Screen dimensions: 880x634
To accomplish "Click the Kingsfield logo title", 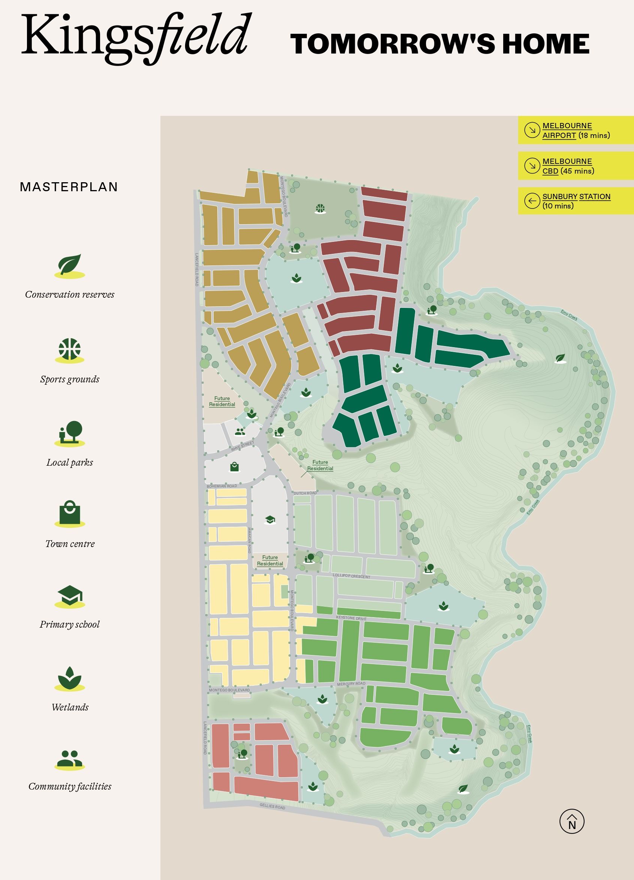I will click(134, 37).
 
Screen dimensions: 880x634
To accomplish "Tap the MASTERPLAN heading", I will click(69, 187).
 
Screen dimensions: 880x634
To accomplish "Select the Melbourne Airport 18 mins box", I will click(576, 130).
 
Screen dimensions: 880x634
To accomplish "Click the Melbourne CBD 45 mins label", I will click(568, 166).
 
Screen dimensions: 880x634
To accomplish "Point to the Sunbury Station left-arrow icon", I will click(532, 201).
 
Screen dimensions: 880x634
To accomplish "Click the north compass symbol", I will click(571, 822).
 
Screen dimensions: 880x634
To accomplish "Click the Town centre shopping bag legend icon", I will click(70, 513).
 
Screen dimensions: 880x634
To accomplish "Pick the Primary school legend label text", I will click(70, 624).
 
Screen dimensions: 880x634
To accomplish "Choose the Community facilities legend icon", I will click(70, 759).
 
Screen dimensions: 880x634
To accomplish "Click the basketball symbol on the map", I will click(320, 209).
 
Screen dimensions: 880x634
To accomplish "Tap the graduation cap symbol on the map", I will click(270, 520).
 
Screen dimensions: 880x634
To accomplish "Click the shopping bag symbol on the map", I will click(234, 467).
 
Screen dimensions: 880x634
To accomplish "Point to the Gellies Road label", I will click(272, 806).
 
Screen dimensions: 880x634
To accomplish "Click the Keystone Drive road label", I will click(351, 618).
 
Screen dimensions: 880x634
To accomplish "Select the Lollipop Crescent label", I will click(351, 576).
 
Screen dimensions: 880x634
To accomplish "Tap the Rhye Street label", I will click(243, 446).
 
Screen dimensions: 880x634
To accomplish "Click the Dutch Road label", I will click(305, 493).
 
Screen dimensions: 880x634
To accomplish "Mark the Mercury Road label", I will click(351, 684).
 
